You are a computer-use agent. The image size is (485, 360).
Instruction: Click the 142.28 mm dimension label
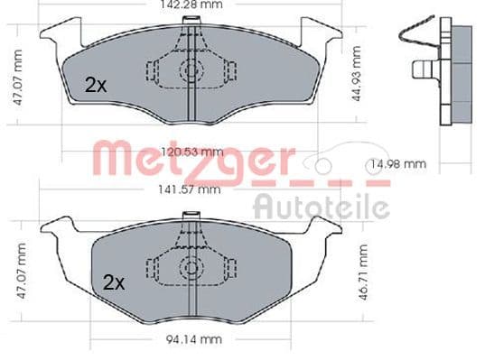point(191,5)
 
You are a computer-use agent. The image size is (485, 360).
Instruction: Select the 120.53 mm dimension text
point(192,152)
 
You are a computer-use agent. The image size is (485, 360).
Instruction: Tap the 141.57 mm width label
point(190,189)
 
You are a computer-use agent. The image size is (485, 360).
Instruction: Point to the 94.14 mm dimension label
point(194,339)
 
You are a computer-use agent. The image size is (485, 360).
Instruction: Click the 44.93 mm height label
point(357,74)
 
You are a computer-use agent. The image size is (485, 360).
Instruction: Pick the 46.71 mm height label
point(363,272)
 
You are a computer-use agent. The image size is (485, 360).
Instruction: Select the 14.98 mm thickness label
point(398,164)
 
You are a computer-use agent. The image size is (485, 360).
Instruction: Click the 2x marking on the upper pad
point(96,85)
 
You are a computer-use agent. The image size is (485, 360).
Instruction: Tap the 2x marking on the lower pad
point(114,282)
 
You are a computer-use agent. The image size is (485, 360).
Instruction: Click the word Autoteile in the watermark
point(322,207)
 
